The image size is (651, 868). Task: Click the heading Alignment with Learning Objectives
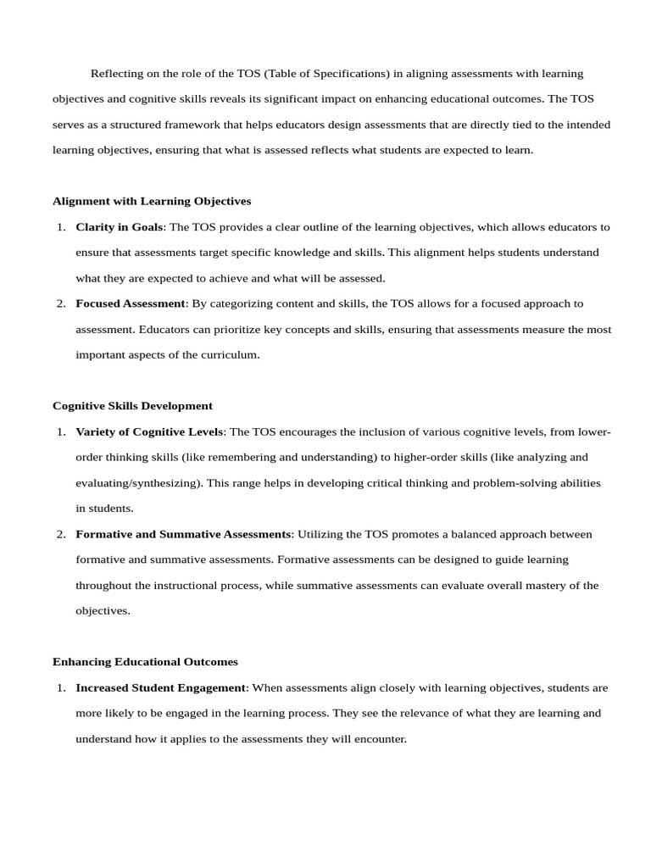tap(152, 202)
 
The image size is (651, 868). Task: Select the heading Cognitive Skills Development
tap(132, 406)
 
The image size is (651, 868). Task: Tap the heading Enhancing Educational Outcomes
tap(145, 661)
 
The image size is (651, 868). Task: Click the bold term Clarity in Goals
tap(119, 227)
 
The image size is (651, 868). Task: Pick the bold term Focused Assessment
tap(131, 303)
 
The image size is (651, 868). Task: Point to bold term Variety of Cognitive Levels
tap(150, 431)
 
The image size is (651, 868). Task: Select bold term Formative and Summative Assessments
tap(183, 534)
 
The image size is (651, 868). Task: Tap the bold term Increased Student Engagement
tap(161, 687)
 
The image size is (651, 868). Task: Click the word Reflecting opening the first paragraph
tap(117, 74)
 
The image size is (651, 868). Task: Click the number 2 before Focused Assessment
tap(61, 303)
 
